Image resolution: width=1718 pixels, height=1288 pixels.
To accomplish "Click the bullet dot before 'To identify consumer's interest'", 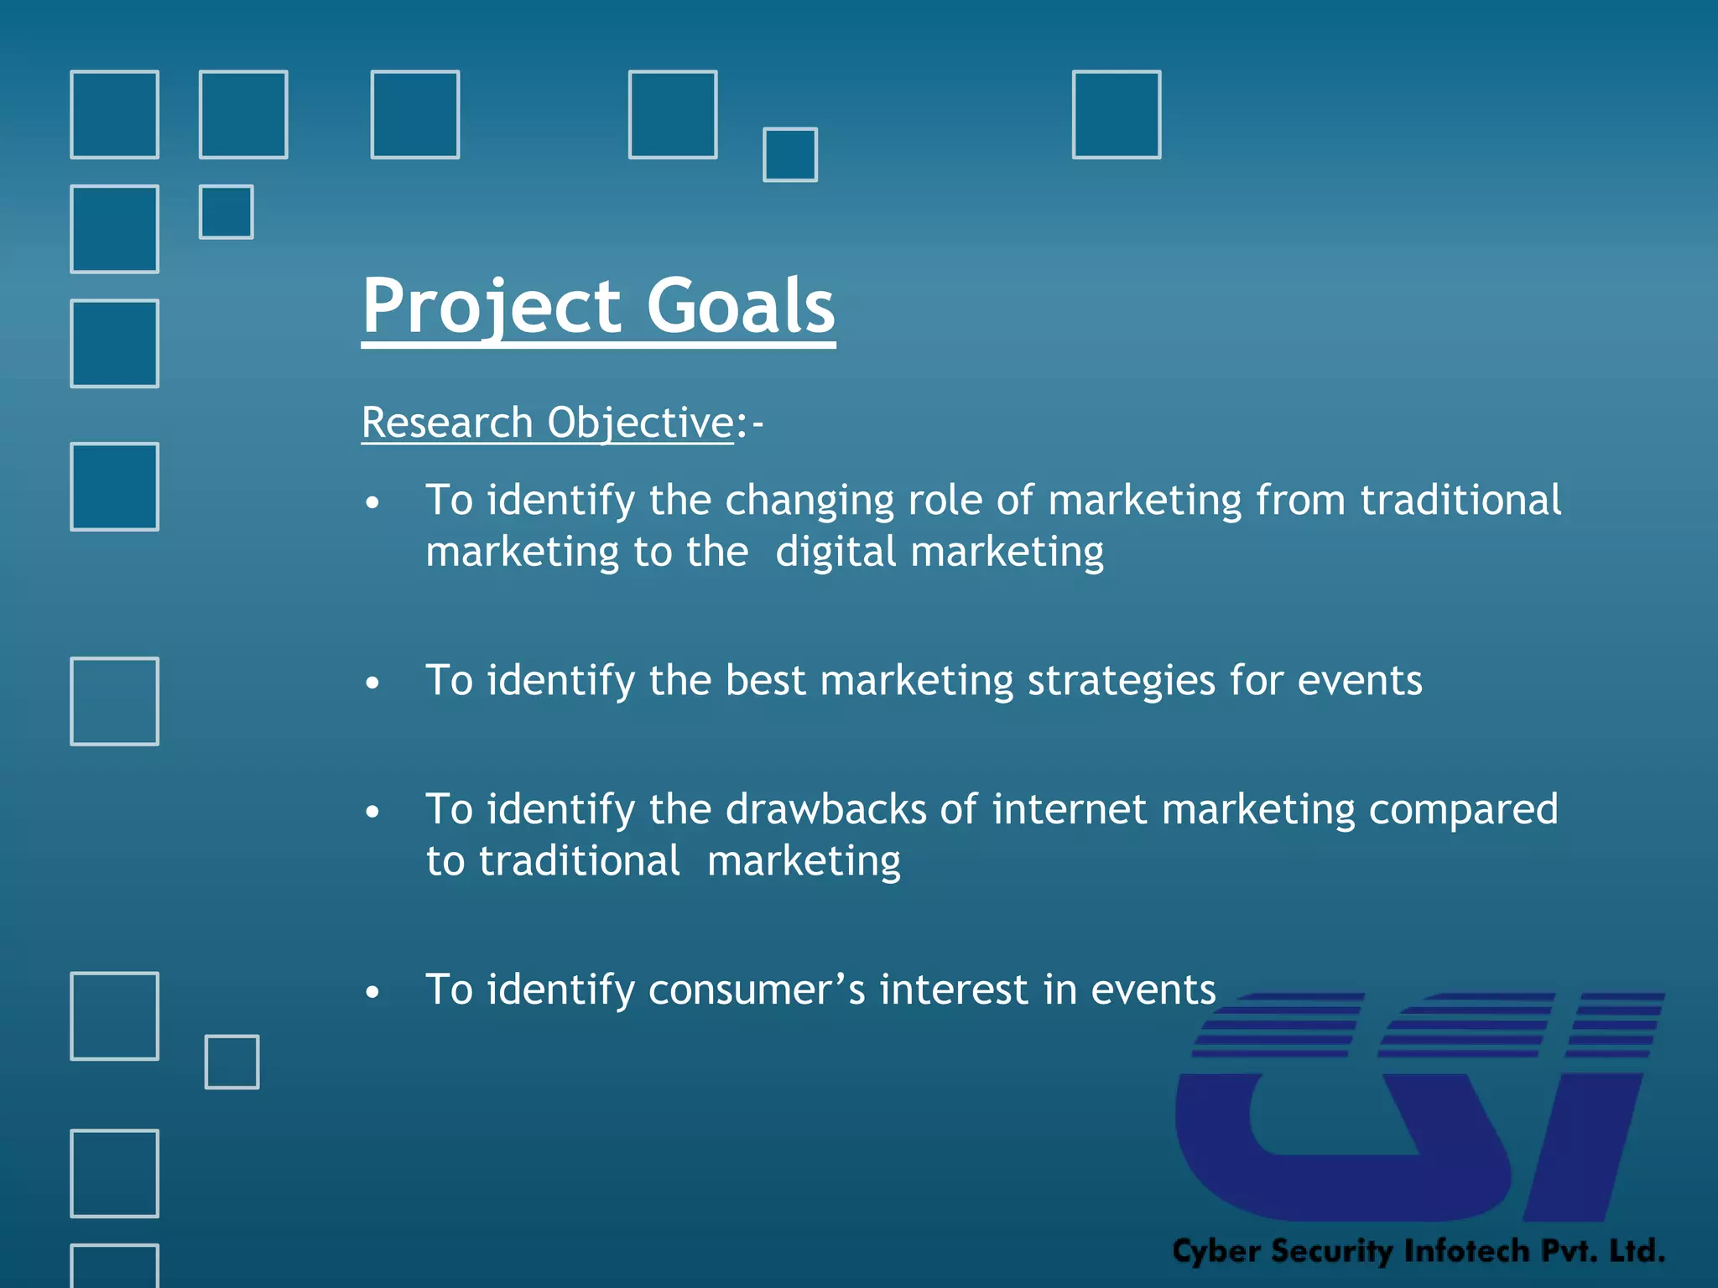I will (372, 993).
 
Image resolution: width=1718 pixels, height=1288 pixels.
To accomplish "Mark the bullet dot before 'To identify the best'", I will (372, 683).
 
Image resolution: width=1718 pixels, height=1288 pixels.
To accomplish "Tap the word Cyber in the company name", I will (1216, 1251).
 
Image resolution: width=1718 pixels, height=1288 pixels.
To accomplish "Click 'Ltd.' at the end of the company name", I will (1636, 1250).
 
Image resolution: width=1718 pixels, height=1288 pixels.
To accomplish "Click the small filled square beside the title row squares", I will (789, 154).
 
